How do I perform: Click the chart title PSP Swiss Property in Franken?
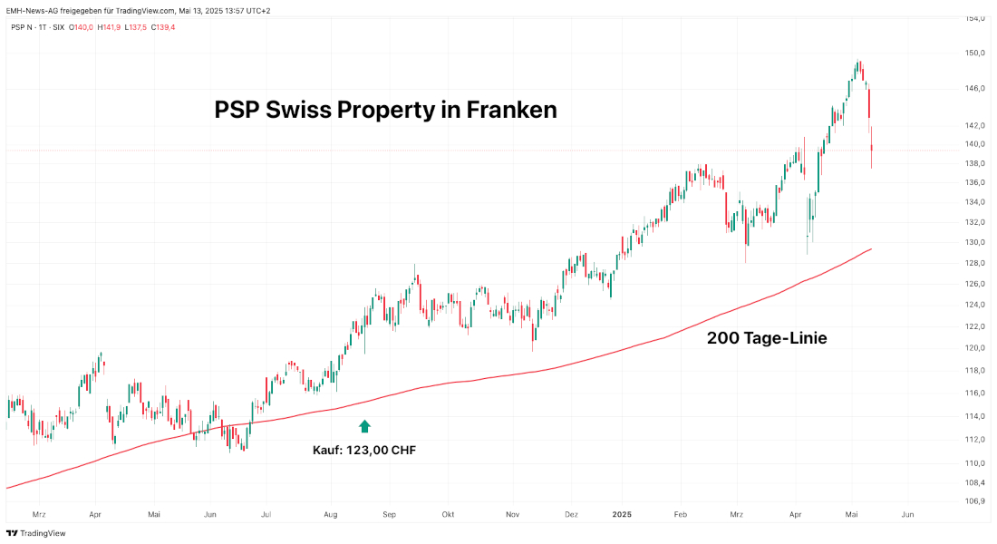[385, 110]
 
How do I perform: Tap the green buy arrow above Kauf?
[364, 425]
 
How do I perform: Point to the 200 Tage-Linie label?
[766, 338]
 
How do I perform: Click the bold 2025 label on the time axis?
[621, 514]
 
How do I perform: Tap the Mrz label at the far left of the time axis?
[38, 514]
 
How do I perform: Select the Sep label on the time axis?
[390, 514]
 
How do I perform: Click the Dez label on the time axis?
[571, 514]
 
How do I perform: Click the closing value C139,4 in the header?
[163, 27]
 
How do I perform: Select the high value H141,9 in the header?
[107, 27]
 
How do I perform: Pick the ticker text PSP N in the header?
[23, 27]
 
